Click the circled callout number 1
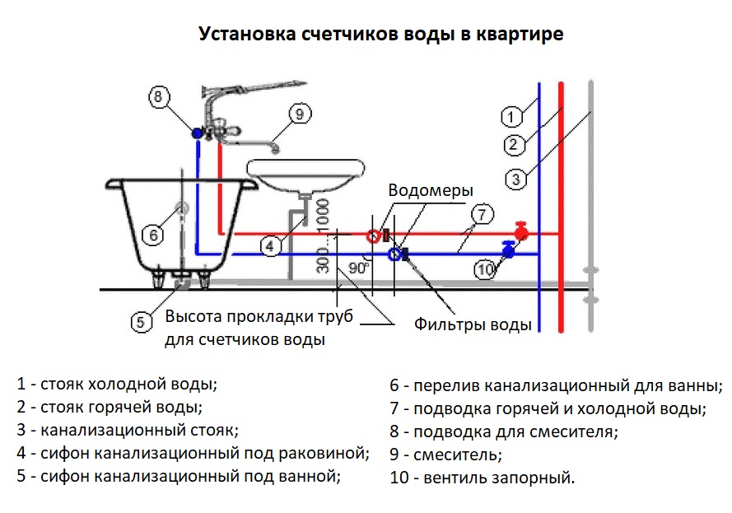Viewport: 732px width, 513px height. click(511, 115)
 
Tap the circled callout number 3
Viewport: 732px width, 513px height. click(516, 177)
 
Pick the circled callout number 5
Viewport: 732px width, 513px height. click(141, 321)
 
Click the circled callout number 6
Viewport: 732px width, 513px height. click(153, 236)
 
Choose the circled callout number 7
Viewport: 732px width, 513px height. click(483, 214)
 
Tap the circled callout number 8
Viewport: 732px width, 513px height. click(160, 96)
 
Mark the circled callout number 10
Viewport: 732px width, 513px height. click(486, 268)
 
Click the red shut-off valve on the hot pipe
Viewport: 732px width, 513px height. click(520, 230)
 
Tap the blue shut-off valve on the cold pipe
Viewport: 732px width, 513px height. click(508, 250)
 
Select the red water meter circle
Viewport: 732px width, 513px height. click(373, 236)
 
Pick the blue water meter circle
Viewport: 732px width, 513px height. click(395, 254)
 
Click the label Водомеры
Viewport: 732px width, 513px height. click(431, 190)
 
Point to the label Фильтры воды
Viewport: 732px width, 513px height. click(473, 324)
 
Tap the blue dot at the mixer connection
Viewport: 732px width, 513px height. click(198, 133)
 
